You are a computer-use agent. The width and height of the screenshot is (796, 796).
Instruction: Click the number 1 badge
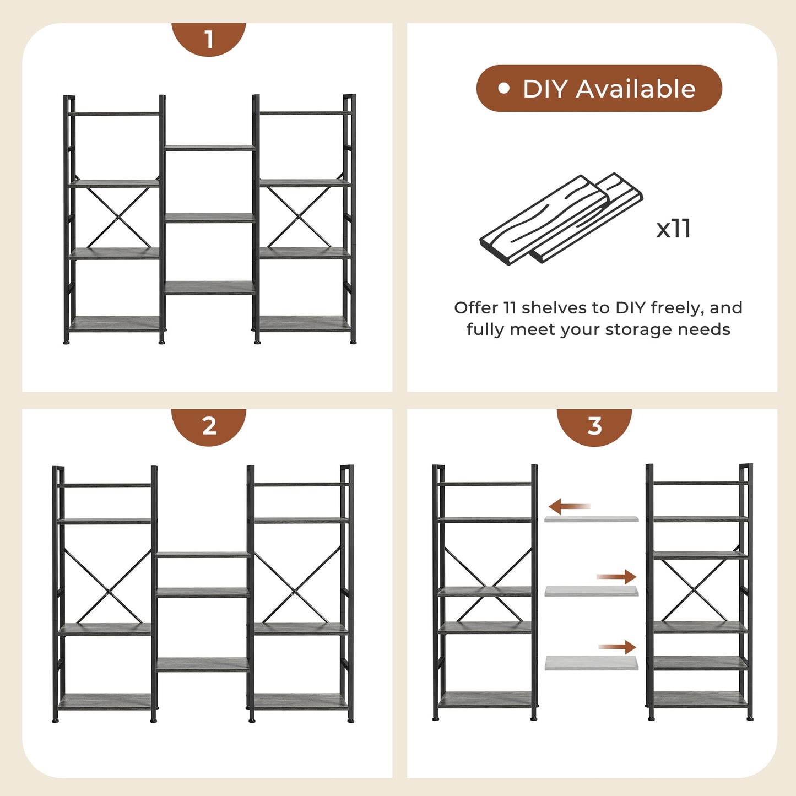click(208, 39)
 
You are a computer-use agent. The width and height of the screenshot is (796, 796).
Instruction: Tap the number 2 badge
click(209, 426)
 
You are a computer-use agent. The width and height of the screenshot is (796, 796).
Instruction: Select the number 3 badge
click(594, 426)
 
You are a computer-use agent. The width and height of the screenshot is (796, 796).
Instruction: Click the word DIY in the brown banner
click(545, 89)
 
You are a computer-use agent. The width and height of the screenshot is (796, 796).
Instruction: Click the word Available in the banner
click(636, 89)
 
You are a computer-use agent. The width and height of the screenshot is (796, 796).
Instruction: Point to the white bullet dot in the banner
click(503, 88)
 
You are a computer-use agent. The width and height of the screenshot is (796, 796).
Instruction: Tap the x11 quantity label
click(673, 228)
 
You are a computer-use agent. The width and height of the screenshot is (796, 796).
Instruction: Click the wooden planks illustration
click(560, 220)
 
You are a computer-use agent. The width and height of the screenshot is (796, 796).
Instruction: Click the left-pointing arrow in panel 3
click(569, 506)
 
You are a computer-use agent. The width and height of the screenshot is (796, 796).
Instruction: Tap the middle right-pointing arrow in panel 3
click(616, 577)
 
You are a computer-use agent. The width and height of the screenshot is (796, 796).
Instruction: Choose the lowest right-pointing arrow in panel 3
click(618, 647)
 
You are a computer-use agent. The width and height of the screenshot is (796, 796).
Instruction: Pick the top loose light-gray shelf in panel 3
click(591, 519)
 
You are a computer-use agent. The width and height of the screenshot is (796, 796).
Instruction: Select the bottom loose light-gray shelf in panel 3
click(591, 663)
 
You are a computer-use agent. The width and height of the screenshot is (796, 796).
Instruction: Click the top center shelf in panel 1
click(209, 148)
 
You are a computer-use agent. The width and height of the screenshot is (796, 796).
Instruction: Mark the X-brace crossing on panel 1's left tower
click(118, 217)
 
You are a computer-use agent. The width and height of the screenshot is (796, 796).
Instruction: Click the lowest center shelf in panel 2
click(203, 664)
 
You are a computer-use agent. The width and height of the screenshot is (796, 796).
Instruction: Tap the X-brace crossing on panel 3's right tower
click(694, 588)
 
